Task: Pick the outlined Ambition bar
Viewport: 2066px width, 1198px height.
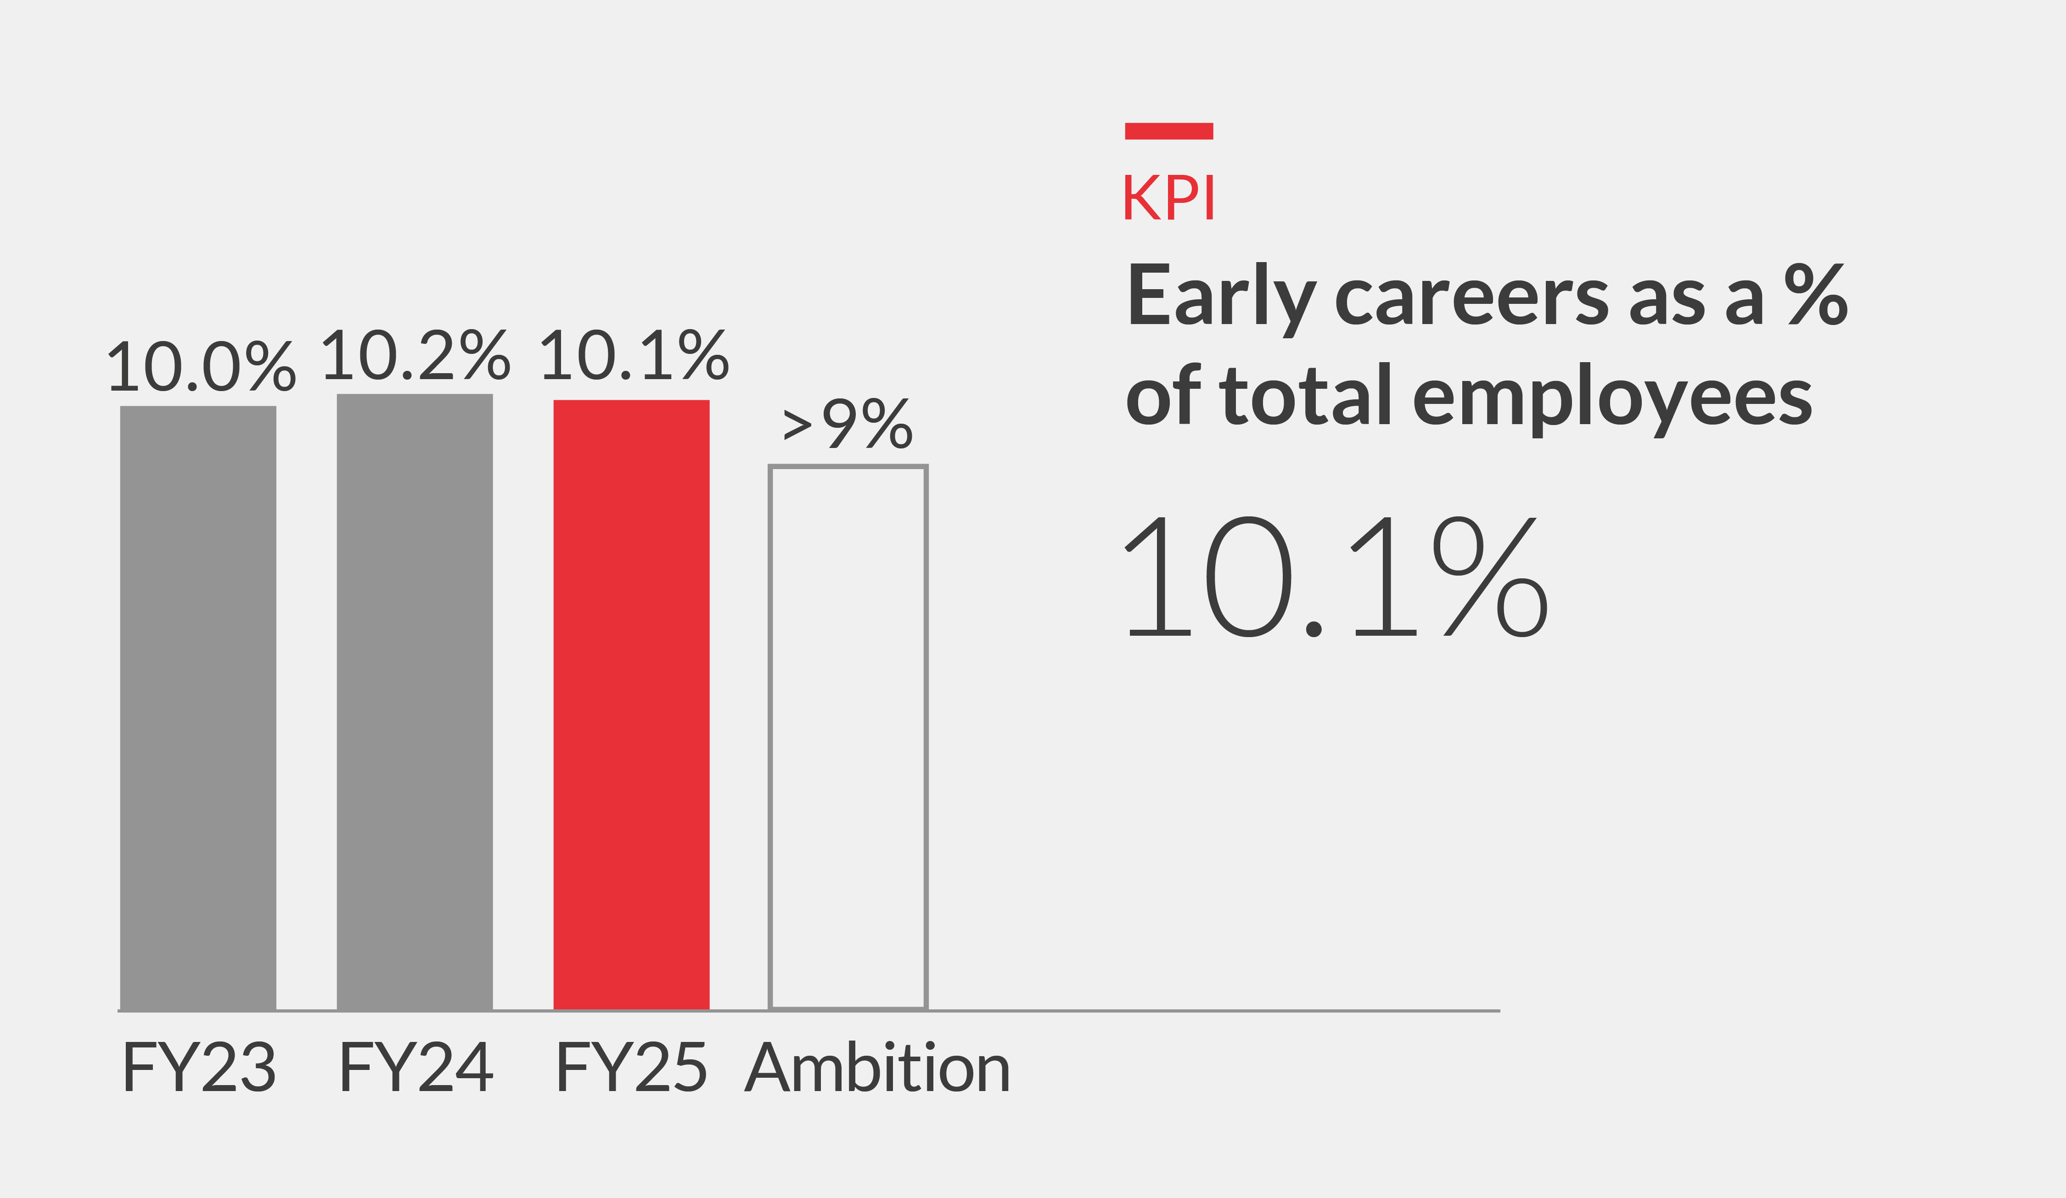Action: pyautogui.click(x=848, y=738)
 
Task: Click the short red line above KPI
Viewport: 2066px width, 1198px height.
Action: pyautogui.click(x=1168, y=131)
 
